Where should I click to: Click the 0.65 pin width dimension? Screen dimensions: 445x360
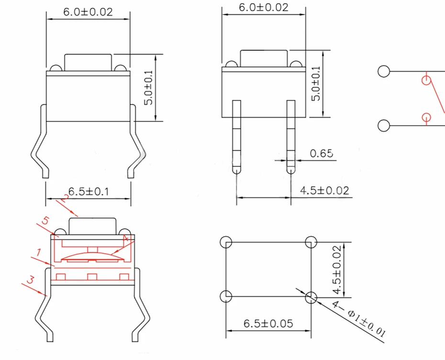pos(321,153)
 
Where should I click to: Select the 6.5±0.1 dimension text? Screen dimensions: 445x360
pos(89,192)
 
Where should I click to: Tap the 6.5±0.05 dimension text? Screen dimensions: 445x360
pos(268,324)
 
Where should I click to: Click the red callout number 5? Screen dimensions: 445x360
pos(45,220)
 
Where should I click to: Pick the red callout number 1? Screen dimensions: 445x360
pos(38,252)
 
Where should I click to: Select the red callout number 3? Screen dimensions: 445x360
pos(30,280)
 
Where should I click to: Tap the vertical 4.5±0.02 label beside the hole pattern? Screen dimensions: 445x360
pos(337,270)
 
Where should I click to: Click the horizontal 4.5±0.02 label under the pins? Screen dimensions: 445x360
pos(325,190)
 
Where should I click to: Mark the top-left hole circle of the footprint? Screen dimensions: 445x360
pos(226,242)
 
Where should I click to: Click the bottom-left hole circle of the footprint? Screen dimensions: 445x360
pos(226,296)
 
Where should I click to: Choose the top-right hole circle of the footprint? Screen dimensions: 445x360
pos(311,242)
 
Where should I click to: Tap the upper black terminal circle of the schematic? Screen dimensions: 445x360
pos(384,71)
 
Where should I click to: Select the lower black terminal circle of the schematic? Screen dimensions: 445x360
pos(384,126)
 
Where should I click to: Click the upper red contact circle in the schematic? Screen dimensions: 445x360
pos(426,80)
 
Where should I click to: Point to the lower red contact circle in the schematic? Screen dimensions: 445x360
pos(426,117)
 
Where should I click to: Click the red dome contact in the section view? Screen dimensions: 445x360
pos(92,255)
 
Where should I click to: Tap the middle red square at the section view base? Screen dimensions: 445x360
pos(92,277)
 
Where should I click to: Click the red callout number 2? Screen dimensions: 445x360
pos(65,198)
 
